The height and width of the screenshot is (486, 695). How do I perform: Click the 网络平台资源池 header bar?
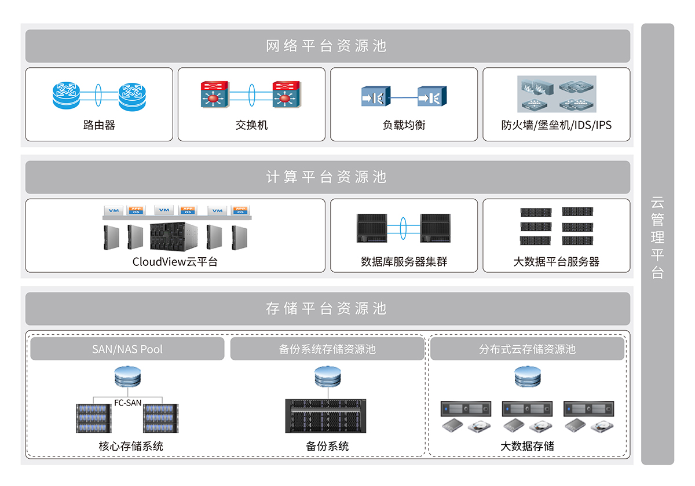coord(327,46)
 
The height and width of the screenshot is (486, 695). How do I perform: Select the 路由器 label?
coord(99,125)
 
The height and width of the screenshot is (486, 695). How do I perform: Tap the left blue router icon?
coord(68,95)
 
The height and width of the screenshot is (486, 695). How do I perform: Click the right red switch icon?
coord(286,94)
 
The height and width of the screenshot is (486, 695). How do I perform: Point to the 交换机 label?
coord(251,125)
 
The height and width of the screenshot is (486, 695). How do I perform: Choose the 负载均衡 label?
coord(404,125)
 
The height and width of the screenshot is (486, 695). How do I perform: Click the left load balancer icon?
coord(376,96)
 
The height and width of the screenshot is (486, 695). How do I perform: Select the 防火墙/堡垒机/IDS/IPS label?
coord(556,125)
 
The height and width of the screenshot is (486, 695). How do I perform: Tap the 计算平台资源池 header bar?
coord(327,177)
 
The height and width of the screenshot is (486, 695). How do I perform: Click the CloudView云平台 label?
coord(175,261)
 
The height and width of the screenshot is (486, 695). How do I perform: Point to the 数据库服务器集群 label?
coord(404,262)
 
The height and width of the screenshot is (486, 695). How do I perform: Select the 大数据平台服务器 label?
coord(556,262)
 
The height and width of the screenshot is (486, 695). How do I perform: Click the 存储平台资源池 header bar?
coord(327,309)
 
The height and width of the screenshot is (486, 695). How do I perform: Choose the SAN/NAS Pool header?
coord(127,349)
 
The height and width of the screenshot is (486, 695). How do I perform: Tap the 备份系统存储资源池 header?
coord(327,349)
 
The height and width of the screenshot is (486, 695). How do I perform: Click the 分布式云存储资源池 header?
coord(527,349)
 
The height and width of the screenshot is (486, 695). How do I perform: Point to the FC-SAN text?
coord(127,403)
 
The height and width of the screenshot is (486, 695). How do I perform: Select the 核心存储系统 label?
coord(131,446)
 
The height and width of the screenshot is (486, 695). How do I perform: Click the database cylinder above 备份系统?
coord(327,378)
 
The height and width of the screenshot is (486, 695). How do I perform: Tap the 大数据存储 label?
coord(527,446)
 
